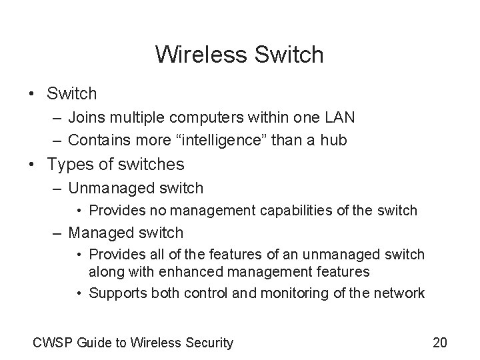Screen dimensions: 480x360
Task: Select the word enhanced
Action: click(173, 271)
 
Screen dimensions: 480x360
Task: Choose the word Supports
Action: click(115, 293)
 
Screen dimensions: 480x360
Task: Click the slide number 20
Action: click(440, 343)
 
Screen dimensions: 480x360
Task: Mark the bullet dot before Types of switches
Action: click(33, 164)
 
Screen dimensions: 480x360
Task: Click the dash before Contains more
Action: click(55, 139)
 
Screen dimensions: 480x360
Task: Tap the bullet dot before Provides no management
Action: click(79, 211)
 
